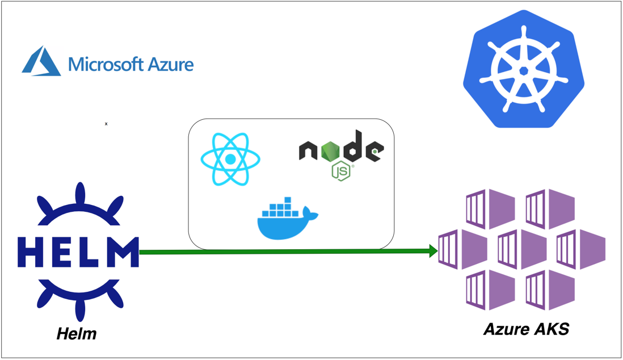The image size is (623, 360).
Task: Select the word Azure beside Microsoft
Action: pyautogui.click(x=170, y=64)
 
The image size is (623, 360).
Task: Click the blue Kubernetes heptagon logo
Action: pyautogui.click(x=523, y=69)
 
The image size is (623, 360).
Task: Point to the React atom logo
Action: pyautogui.click(x=230, y=160)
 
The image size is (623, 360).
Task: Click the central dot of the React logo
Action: pyautogui.click(x=230, y=160)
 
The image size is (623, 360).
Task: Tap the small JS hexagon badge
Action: pyautogui.click(x=340, y=171)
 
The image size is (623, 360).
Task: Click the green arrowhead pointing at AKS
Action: pyautogui.click(x=433, y=251)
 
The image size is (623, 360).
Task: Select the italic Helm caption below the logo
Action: pyautogui.click(x=77, y=333)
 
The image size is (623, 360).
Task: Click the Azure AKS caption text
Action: pyautogui.click(x=526, y=329)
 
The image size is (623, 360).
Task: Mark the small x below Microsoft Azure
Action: pyautogui.click(x=106, y=124)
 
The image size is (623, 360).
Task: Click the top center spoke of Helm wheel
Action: pyautogui.click(x=80, y=193)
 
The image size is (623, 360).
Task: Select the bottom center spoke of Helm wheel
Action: pyautogui.click(x=80, y=309)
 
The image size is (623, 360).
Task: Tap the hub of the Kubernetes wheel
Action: pyautogui.click(x=523, y=70)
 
